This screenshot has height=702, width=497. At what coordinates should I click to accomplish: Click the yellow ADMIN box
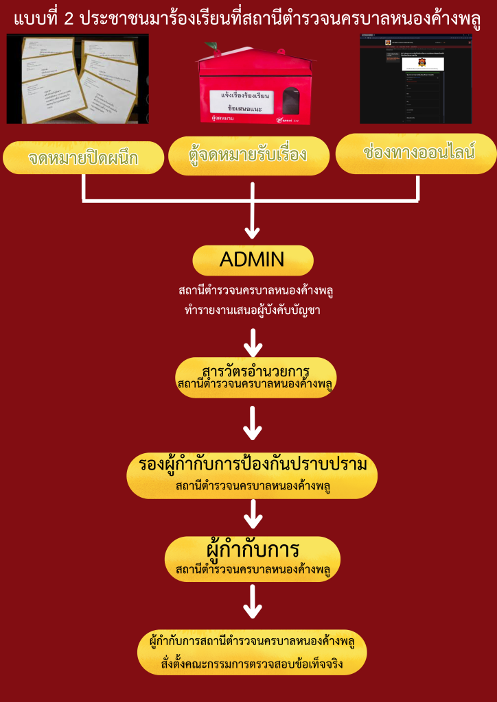[252, 260]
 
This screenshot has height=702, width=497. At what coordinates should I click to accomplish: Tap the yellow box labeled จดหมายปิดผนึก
[83, 158]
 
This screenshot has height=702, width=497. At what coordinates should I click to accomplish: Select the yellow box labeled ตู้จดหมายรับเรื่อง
[248, 156]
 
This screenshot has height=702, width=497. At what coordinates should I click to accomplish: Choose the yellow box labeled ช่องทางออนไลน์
[417, 153]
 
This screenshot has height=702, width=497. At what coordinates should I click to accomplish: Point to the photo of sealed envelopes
[77, 80]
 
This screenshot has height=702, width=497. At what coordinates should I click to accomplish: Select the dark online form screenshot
[415, 80]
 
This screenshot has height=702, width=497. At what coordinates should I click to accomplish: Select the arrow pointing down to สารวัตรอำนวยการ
[254, 340]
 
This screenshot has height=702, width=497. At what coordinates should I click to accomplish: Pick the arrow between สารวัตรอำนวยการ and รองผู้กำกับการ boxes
[253, 424]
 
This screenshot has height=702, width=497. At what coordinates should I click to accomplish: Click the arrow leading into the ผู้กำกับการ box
[254, 513]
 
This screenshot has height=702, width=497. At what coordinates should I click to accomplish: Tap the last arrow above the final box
[253, 601]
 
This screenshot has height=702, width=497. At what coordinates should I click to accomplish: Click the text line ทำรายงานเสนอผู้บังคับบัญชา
[254, 311]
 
